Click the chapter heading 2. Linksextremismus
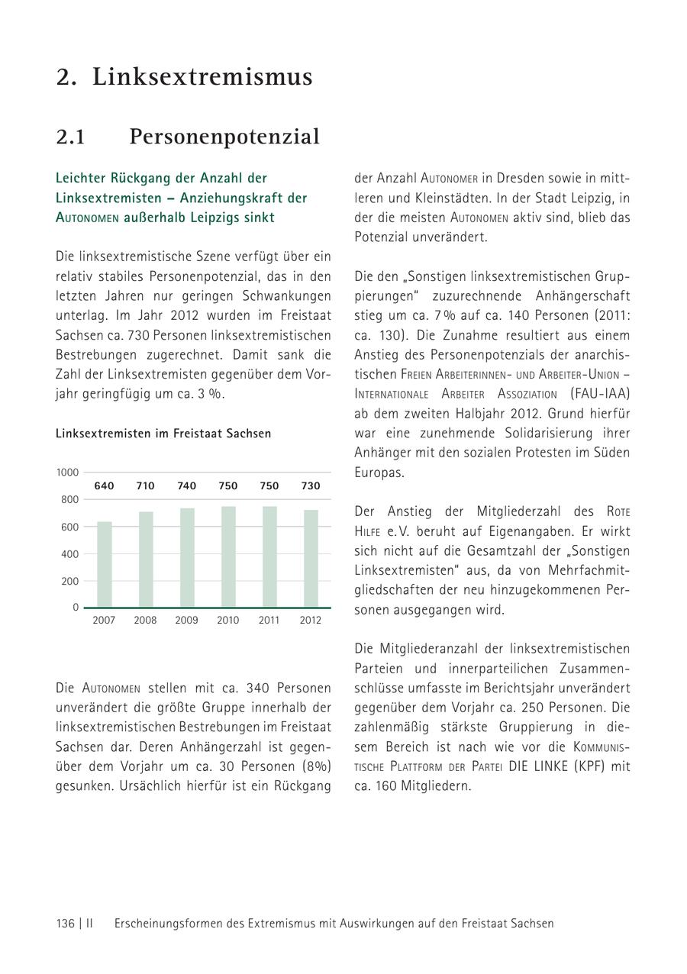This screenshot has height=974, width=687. coord(184,77)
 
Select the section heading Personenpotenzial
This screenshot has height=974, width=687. coord(224,137)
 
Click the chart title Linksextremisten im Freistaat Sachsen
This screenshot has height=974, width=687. coord(163,434)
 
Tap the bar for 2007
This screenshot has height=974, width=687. coord(105,564)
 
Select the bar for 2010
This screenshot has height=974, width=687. coord(228,556)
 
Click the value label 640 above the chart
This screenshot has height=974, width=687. coord(104,486)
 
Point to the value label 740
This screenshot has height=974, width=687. coord(186,486)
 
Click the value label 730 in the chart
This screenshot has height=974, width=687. coord(311,486)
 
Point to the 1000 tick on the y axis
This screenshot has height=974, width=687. coord(67,472)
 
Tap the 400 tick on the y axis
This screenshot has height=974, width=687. coord(69,554)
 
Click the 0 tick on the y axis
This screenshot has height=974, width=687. coord(76,608)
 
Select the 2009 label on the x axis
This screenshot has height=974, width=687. coord(186,621)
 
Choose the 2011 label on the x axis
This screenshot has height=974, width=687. coord(269,621)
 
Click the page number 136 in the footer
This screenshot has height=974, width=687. coord(65,924)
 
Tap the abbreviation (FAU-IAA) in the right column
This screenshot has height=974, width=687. coord(600,394)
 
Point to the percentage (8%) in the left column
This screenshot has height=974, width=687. coord(315,766)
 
